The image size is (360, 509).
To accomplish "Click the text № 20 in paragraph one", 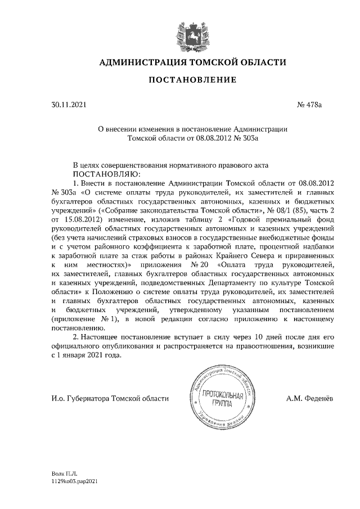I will (196, 264).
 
